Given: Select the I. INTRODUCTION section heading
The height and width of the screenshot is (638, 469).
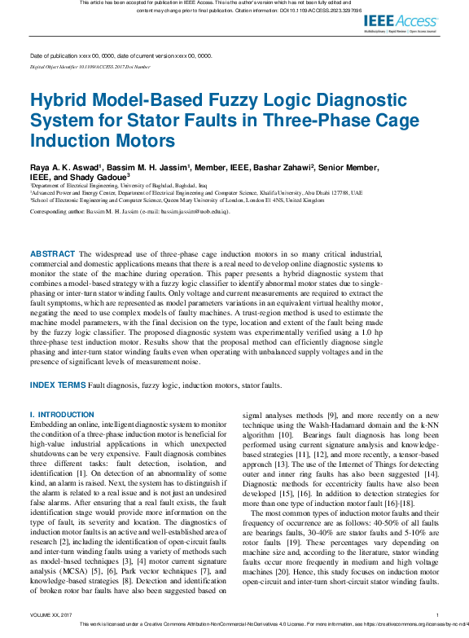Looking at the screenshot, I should pos(62,415).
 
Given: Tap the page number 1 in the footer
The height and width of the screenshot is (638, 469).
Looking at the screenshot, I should pos(437,614).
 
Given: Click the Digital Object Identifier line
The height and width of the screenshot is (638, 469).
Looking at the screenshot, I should pos(90,67).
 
